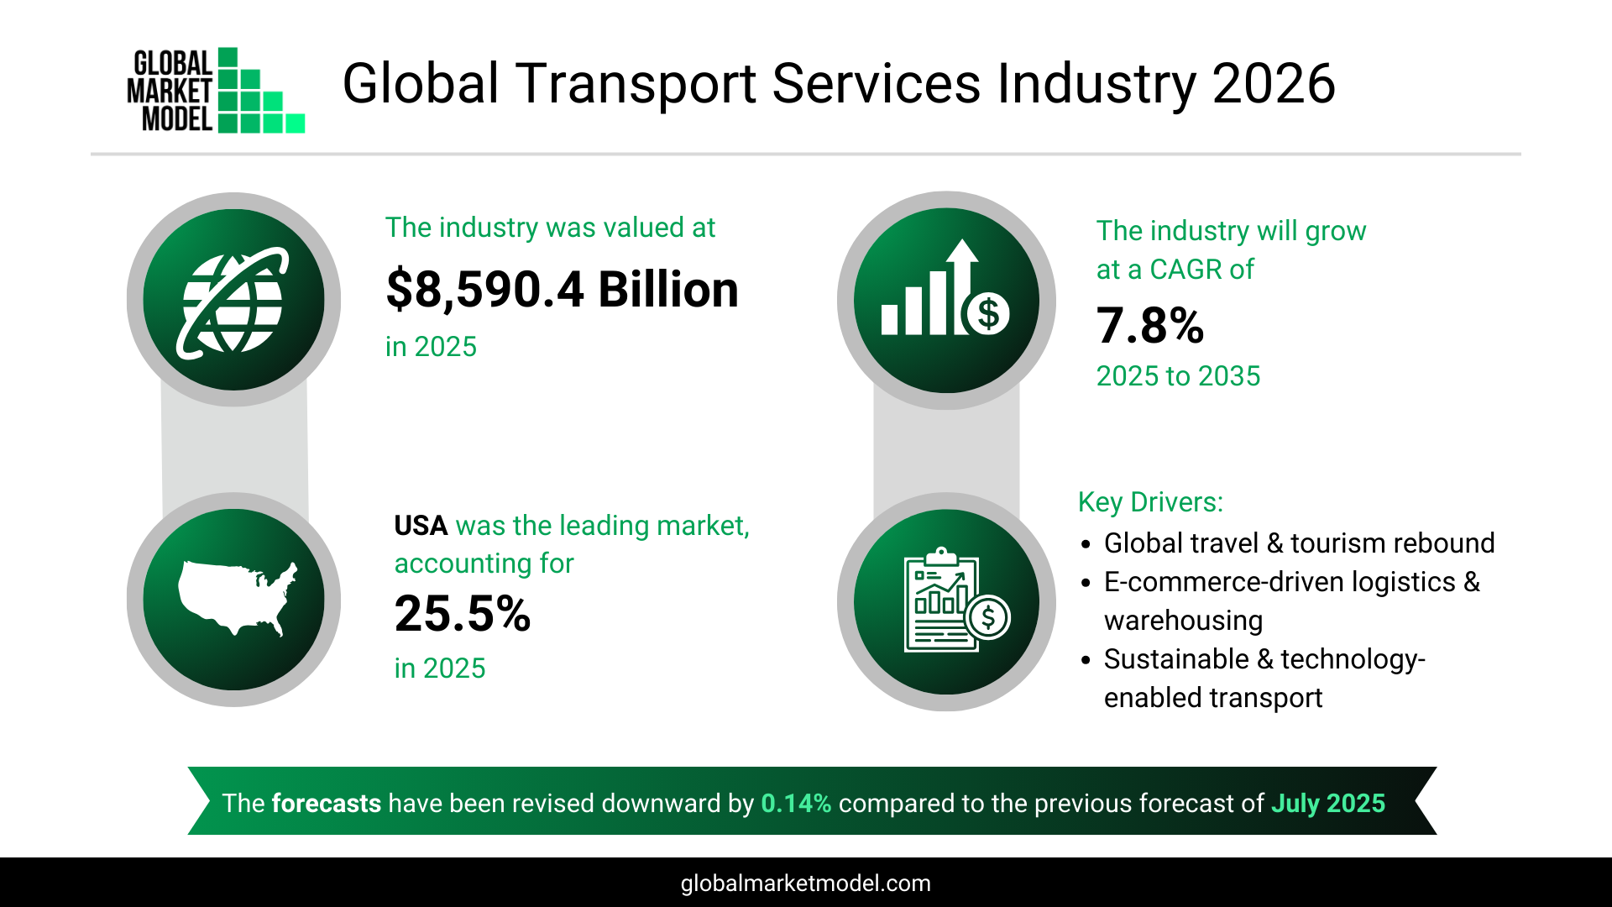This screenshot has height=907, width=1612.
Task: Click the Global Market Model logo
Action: point(216,91)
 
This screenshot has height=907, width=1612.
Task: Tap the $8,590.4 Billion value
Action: point(562,290)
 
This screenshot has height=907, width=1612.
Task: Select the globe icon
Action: point(233,300)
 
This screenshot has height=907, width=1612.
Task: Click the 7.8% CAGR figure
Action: point(1150,326)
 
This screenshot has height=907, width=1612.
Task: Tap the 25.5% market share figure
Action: point(463,614)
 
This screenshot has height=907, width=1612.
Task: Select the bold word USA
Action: point(421,526)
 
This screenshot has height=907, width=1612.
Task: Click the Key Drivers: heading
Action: point(1150,502)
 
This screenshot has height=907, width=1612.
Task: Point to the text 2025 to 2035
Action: point(1178,376)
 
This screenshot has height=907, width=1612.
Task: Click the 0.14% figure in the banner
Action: point(796,804)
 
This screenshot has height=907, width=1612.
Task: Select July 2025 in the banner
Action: point(1327,804)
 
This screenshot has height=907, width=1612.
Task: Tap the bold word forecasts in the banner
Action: point(326,804)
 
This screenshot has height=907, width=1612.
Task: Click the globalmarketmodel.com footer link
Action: point(805,883)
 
